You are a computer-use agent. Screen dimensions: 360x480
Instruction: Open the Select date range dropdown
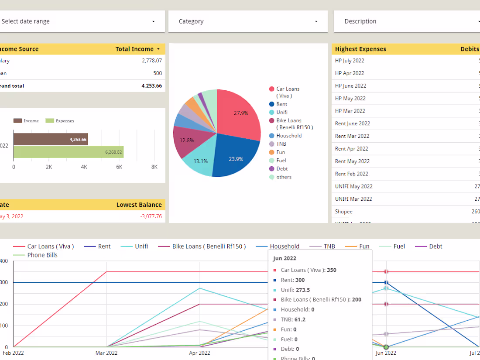[79, 21]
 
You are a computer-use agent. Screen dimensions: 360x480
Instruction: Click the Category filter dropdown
[247, 21]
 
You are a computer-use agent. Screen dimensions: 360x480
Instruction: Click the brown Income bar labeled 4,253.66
[51, 140]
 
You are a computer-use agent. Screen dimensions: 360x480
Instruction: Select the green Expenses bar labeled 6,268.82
[68, 152]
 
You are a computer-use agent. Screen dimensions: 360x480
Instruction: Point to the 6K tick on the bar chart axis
[119, 167]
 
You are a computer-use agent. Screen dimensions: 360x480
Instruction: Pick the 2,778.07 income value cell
[151, 61]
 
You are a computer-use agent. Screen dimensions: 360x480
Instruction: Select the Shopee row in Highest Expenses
[344, 212]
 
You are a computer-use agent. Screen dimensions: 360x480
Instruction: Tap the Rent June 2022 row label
[353, 123]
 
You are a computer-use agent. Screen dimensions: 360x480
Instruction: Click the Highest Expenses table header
[360, 49]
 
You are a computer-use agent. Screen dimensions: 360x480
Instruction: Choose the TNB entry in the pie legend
[281, 144]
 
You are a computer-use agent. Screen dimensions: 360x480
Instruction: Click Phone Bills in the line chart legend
[42, 255]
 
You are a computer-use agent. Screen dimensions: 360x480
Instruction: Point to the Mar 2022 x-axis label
[106, 353]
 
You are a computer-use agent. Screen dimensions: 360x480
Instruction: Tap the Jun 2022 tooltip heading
[285, 258]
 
